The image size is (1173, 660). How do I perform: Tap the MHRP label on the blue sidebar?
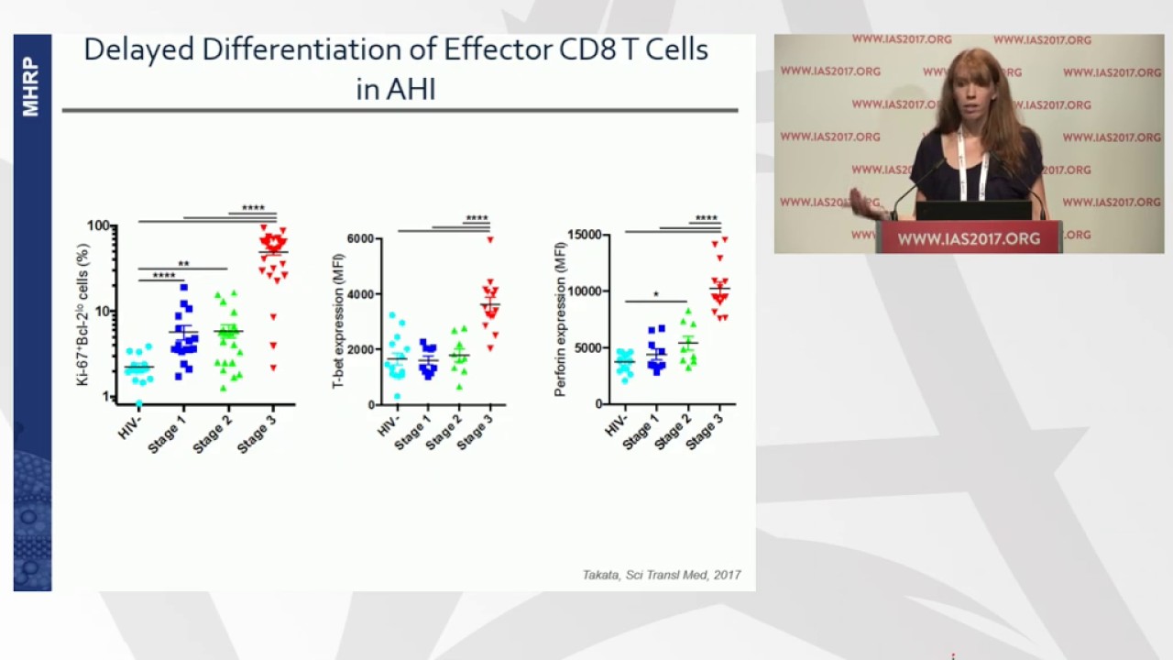[x=31, y=87]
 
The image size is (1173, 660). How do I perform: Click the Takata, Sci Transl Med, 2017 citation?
[x=661, y=575]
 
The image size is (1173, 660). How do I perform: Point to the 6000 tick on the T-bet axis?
[x=359, y=239]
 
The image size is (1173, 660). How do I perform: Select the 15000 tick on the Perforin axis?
[x=583, y=236]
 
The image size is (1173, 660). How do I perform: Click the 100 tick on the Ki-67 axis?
[x=98, y=225]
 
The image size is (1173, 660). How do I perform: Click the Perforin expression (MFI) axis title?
[x=560, y=318]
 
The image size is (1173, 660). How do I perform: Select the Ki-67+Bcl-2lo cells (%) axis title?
[x=83, y=313]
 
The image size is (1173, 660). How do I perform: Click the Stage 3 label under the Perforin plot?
[x=705, y=430]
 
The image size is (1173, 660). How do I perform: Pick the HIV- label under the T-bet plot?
[x=389, y=425]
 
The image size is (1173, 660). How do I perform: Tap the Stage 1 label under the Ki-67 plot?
[x=168, y=433]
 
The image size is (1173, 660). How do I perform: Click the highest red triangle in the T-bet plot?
[x=490, y=240]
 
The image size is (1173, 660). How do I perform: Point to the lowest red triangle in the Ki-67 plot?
[x=273, y=368]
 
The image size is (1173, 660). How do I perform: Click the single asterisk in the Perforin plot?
[x=656, y=295]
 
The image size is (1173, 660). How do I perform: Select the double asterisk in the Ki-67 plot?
[x=183, y=264]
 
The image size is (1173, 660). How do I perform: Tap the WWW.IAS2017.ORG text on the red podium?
[x=969, y=238]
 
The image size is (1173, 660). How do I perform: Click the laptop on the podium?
[x=973, y=211]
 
